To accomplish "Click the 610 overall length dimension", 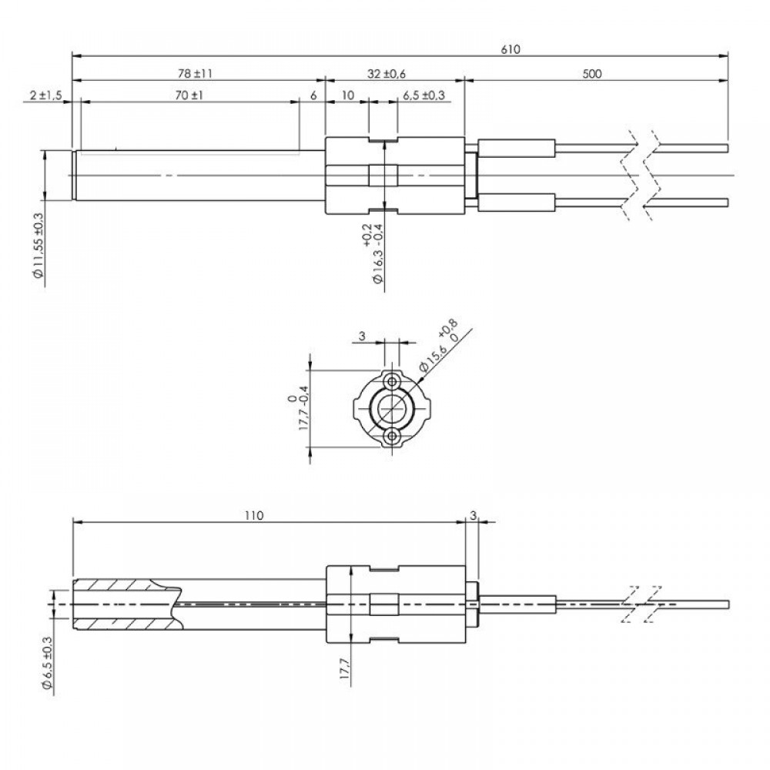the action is pos(511,49).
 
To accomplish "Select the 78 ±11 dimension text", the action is pos(195,74).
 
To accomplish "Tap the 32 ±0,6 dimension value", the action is pos(387,74).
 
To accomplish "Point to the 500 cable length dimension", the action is pos(591,74).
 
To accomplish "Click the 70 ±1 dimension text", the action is pos(189,95).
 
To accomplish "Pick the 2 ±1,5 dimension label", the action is pos(45,95).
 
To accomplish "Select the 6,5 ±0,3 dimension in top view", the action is pos(423,95).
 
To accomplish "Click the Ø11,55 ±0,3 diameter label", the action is pos(38,246).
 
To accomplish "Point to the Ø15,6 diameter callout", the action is pos(439,346).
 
